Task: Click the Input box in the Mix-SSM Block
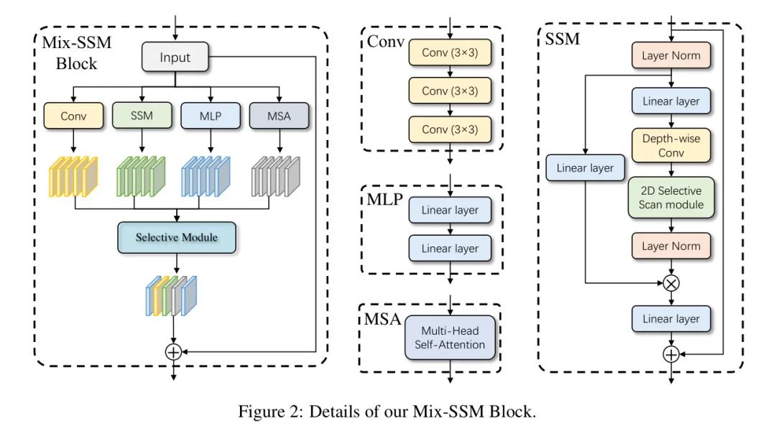[x=175, y=57]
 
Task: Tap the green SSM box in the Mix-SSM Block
[x=142, y=115]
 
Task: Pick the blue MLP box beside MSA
[x=210, y=115]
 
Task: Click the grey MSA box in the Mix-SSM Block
[x=279, y=115]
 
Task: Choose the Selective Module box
[x=176, y=237]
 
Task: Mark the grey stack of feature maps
[x=277, y=174]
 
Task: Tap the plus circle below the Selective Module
[x=173, y=351]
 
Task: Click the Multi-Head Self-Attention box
[x=450, y=338]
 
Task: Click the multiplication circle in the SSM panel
[x=670, y=283]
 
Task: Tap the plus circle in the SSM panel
[x=670, y=354]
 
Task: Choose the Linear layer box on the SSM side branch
[x=585, y=168]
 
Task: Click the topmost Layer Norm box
[x=670, y=55]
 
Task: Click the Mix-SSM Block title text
[x=76, y=53]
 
